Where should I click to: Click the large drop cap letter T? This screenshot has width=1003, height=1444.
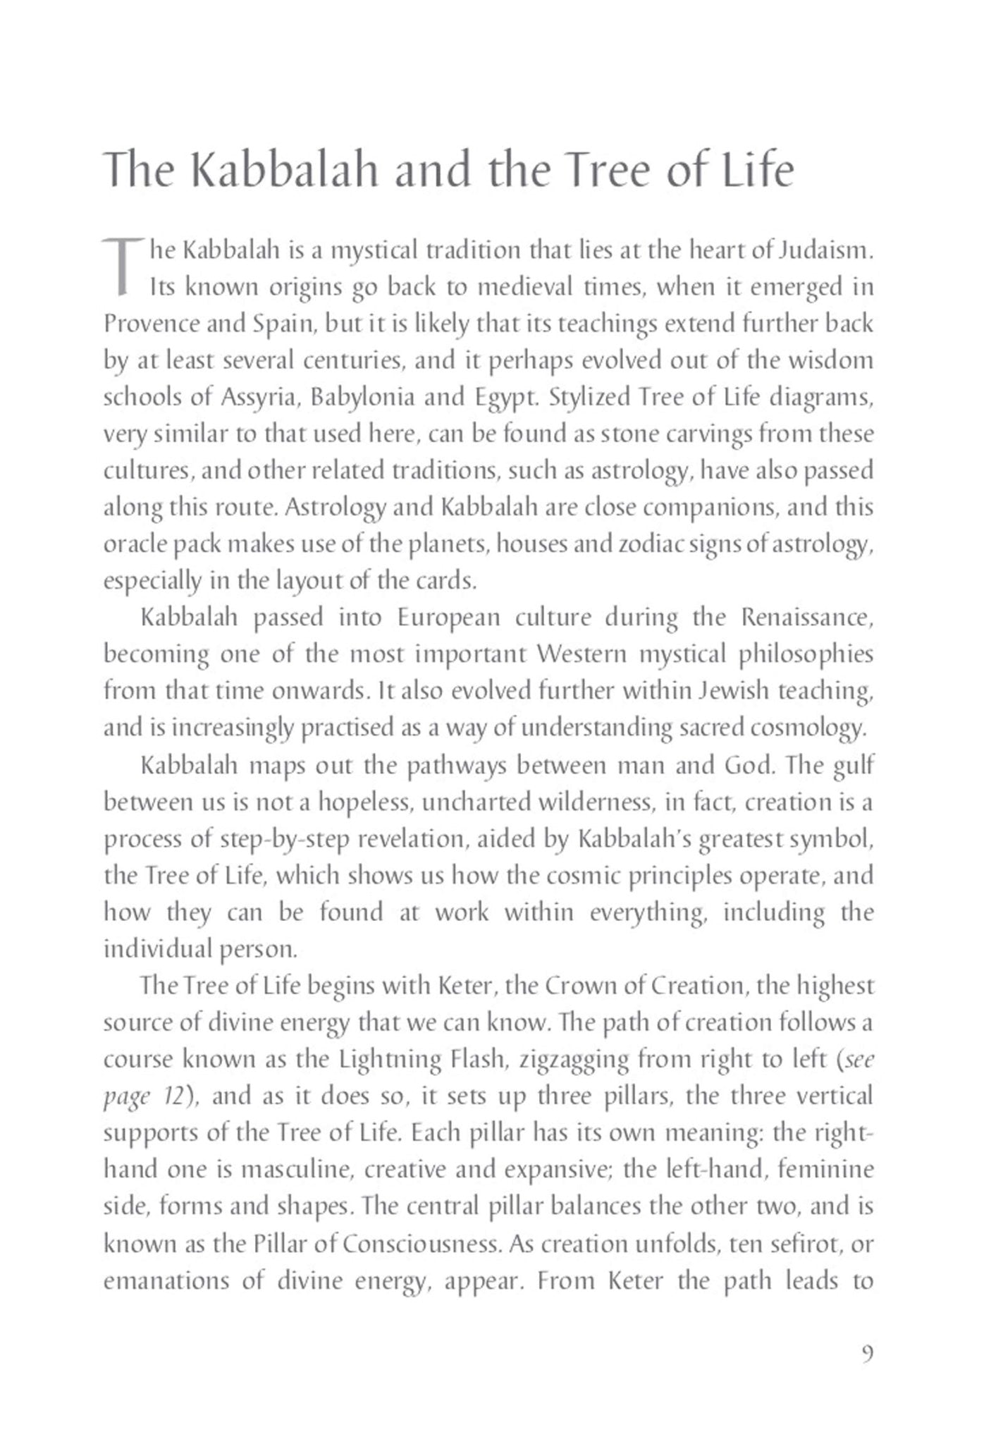click(123, 267)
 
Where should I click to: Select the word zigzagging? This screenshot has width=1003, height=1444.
click(572, 1060)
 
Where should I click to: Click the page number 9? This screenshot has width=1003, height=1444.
click(868, 1354)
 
